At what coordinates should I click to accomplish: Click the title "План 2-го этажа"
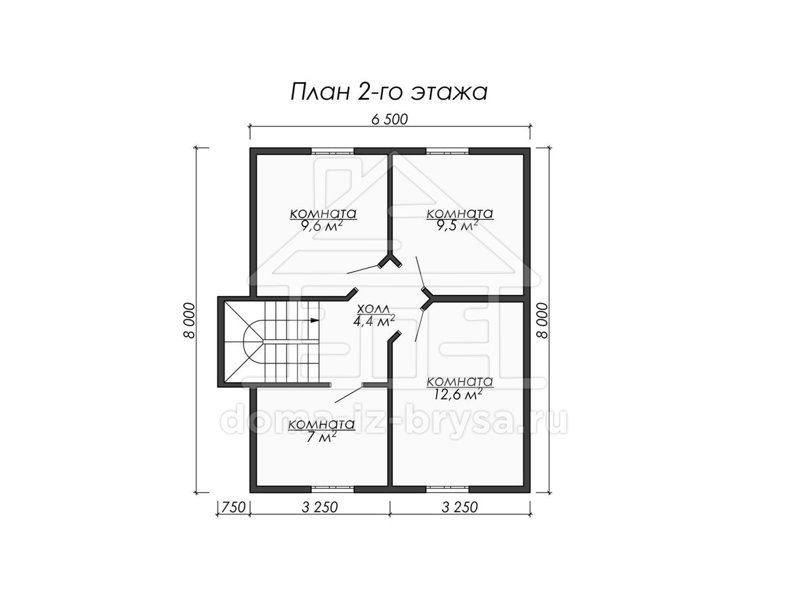(389, 93)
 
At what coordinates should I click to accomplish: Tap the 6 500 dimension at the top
(389, 120)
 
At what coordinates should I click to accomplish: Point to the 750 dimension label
(233, 508)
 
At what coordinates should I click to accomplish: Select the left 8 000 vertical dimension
(189, 320)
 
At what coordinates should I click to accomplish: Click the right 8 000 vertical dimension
(542, 320)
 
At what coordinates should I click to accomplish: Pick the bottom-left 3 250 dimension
(320, 508)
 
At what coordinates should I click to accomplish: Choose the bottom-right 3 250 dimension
(460, 508)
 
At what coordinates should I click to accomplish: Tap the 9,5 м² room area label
(458, 226)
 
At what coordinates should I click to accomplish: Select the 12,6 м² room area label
(458, 394)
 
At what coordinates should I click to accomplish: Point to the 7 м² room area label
(321, 436)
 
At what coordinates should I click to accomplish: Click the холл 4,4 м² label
(374, 315)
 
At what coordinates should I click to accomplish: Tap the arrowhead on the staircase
(315, 320)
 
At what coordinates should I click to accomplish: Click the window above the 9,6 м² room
(332, 151)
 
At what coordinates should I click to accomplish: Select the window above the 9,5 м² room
(448, 151)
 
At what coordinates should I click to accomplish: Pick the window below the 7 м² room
(332, 489)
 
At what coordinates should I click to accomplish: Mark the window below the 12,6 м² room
(448, 489)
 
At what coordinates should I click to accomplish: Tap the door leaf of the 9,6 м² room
(363, 269)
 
